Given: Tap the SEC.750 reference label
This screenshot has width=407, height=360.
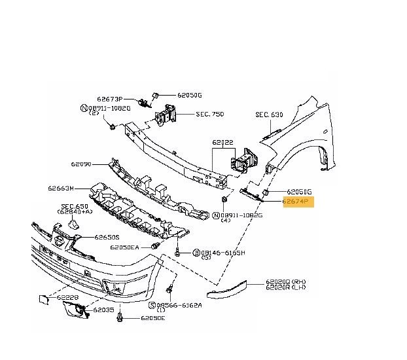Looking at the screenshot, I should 209,114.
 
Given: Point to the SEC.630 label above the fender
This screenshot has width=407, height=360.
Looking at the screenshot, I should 269,115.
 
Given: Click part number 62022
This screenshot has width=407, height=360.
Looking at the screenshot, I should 222,141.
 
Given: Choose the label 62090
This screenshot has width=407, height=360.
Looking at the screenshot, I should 82,166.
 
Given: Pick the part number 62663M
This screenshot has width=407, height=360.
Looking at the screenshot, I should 61,189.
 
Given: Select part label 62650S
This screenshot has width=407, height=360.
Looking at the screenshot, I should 106,238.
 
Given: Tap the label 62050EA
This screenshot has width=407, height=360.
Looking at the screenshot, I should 124,247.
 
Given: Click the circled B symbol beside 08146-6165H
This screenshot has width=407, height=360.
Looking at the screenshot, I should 195,253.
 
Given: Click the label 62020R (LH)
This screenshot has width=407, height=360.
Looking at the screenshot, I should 286,289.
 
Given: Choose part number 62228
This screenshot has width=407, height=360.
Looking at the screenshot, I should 67,298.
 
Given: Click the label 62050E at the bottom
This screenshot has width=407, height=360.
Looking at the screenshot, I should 152,319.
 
